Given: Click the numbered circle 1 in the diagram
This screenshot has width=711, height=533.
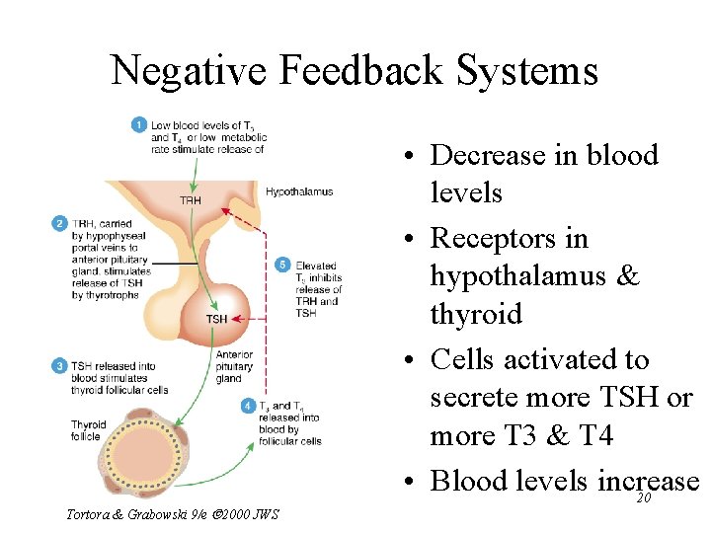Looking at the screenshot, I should click(x=139, y=125).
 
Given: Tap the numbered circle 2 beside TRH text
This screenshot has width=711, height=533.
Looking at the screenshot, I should click(x=59, y=224).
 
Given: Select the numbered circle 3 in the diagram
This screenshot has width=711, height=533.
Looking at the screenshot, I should click(x=59, y=366).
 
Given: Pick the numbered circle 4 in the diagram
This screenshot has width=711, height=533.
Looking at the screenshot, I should click(x=248, y=406).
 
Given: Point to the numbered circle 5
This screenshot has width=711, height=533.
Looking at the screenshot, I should click(x=283, y=265).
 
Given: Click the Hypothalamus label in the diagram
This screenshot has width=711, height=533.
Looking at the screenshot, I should click(x=299, y=191).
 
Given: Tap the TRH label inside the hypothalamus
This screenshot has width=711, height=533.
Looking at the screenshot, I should click(x=191, y=200).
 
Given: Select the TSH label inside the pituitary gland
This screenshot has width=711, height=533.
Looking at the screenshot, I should click(x=216, y=319).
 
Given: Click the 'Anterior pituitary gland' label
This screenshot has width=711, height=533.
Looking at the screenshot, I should click(x=234, y=366).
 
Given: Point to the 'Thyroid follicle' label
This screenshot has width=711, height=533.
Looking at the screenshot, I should click(x=88, y=430).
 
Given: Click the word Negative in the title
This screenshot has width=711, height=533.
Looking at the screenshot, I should click(x=188, y=71).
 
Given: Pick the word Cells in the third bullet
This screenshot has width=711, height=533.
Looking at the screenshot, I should click(x=463, y=359).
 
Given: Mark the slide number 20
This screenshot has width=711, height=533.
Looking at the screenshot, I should click(x=643, y=498).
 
